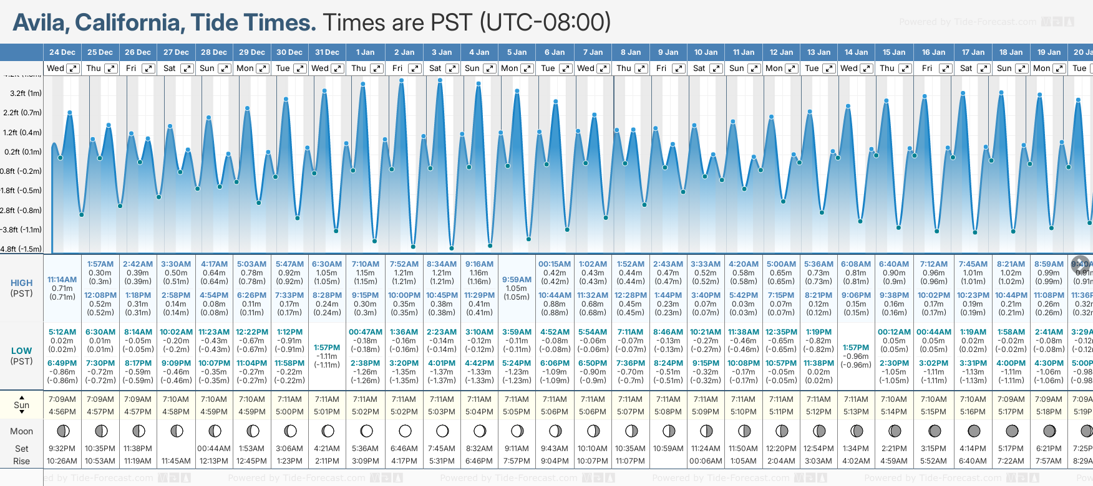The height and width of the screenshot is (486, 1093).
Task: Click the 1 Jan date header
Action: point(365,52)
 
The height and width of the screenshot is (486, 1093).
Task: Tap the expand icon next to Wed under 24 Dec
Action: point(73,69)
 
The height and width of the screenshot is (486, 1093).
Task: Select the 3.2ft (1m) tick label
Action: point(26,93)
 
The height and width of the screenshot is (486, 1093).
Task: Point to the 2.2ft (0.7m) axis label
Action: point(22,113)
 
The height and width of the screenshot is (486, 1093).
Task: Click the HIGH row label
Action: point(21,283)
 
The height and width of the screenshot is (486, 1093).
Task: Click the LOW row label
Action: point(21,351)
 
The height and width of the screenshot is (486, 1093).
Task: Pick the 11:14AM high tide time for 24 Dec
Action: point(62,280)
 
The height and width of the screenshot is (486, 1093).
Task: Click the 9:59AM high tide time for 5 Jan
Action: point(517,280)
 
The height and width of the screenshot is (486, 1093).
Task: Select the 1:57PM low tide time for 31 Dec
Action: point(327,348)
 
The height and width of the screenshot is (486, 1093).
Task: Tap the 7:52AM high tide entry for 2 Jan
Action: point(404,264)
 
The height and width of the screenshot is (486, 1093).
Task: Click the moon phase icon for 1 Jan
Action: point(366,431)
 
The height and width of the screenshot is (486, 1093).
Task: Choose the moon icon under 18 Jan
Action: point(1012,431)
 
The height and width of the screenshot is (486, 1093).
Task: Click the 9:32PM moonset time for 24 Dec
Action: point(62,449)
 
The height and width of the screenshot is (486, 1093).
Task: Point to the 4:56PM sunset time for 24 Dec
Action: point(62,412)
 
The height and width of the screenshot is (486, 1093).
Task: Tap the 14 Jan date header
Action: point(857,52)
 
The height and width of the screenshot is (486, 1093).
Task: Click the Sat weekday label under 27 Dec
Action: point(170,69)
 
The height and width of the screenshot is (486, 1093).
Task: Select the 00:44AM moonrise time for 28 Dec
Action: point(214,449)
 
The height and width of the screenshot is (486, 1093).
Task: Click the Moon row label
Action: point(21,431)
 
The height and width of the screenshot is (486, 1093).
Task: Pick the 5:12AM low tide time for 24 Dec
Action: point(62,332)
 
